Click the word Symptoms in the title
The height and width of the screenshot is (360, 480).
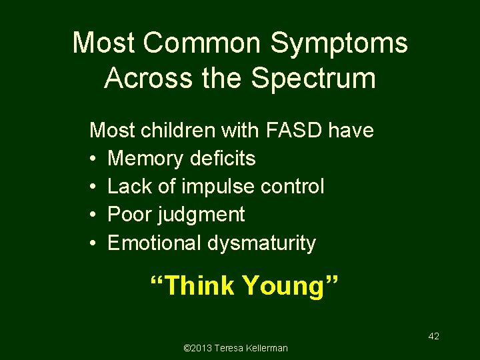(339, 43)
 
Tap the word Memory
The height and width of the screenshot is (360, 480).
(145, 159)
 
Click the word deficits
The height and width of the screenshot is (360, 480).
(223, 159)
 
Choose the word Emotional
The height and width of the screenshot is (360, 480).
(154, 243)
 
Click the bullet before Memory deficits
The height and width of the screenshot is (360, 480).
(93, 159)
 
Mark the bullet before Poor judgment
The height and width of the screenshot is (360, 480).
(93, 215)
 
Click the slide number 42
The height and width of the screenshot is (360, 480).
(433, 337)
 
